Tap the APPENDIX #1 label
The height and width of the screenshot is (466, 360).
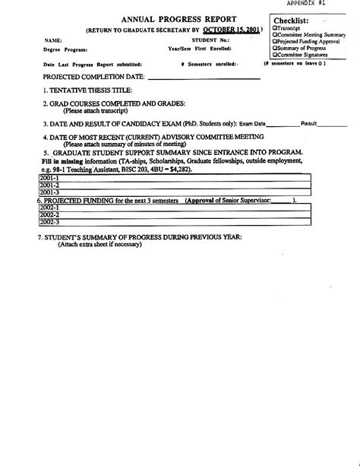pos(330,4)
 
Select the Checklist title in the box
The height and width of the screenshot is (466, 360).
pos(292,20)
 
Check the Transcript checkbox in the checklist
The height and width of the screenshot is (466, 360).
pos(275,27)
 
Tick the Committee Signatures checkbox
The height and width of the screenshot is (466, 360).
pos(275,55)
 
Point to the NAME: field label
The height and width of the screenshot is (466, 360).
pos(52,40)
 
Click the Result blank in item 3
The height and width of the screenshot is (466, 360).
pos(332,123)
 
